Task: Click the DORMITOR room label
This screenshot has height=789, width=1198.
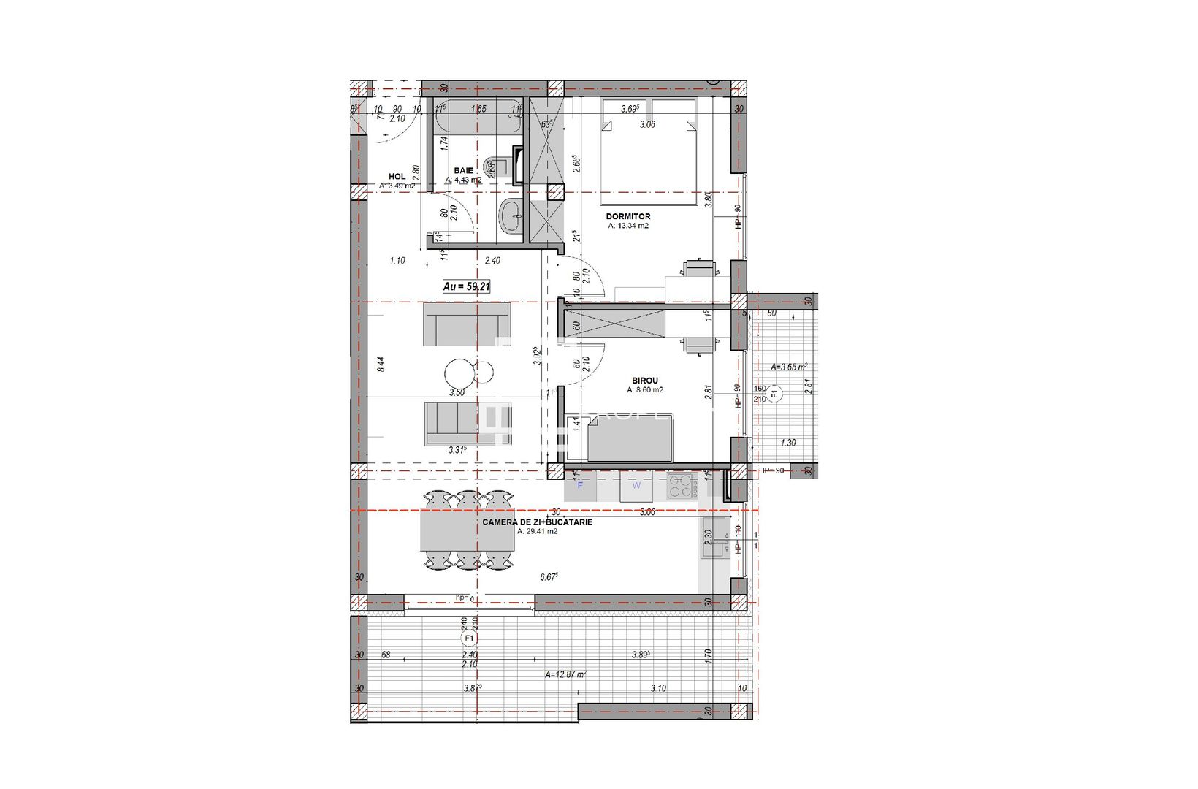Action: (x=627, y=216)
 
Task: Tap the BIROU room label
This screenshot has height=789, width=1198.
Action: (x=644, y=381)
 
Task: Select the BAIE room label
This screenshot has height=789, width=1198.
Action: (x=463, y=170)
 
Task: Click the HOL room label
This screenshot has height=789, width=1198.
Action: (x=397, y=177)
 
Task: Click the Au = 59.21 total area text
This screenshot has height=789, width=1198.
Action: (x=466, y=287)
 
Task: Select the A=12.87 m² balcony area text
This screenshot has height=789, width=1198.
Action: (x=565, y=675)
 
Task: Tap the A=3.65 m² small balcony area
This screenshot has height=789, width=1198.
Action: (x=789, y=367)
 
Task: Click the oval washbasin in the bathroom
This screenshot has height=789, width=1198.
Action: (x=510, y=216)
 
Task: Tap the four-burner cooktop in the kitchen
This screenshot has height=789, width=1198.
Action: (x=680, y=487)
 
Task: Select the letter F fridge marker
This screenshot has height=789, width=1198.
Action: (x=581, y=485)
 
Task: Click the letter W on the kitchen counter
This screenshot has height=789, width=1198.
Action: (x=636, y=485)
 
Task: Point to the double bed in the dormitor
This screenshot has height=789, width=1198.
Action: (x=648, y=152)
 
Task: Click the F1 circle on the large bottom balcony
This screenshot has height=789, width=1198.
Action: (x=469, y=639)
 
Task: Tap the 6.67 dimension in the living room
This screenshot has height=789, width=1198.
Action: (x=549, y=577)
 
